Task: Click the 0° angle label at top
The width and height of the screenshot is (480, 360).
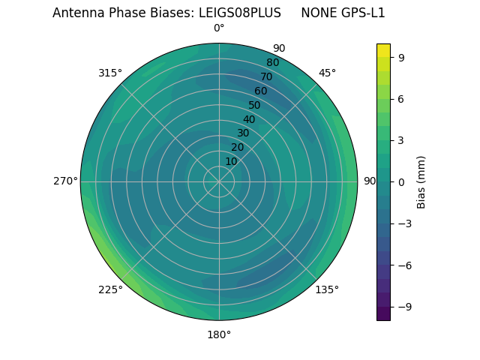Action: [219, 28]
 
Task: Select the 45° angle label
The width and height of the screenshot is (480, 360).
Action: [327, 73]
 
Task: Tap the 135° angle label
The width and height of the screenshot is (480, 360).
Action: [327, 289]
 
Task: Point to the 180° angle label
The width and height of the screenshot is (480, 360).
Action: [219, 334]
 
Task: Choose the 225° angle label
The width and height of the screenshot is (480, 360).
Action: [110, 289]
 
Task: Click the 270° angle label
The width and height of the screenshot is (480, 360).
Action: [65, 181]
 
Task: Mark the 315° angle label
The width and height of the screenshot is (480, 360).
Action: [110, 73]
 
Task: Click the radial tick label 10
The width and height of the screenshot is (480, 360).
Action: [231, 161]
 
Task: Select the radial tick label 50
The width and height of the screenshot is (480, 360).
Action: [255, 106]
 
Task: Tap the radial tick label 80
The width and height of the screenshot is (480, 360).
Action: [272, 63]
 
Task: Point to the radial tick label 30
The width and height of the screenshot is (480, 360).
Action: [243, 133]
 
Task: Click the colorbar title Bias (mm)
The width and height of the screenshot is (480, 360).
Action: [421, 181]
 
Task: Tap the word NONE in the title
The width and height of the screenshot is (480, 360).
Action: [318, 13]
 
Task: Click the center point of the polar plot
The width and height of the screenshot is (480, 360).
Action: [219, 181]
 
